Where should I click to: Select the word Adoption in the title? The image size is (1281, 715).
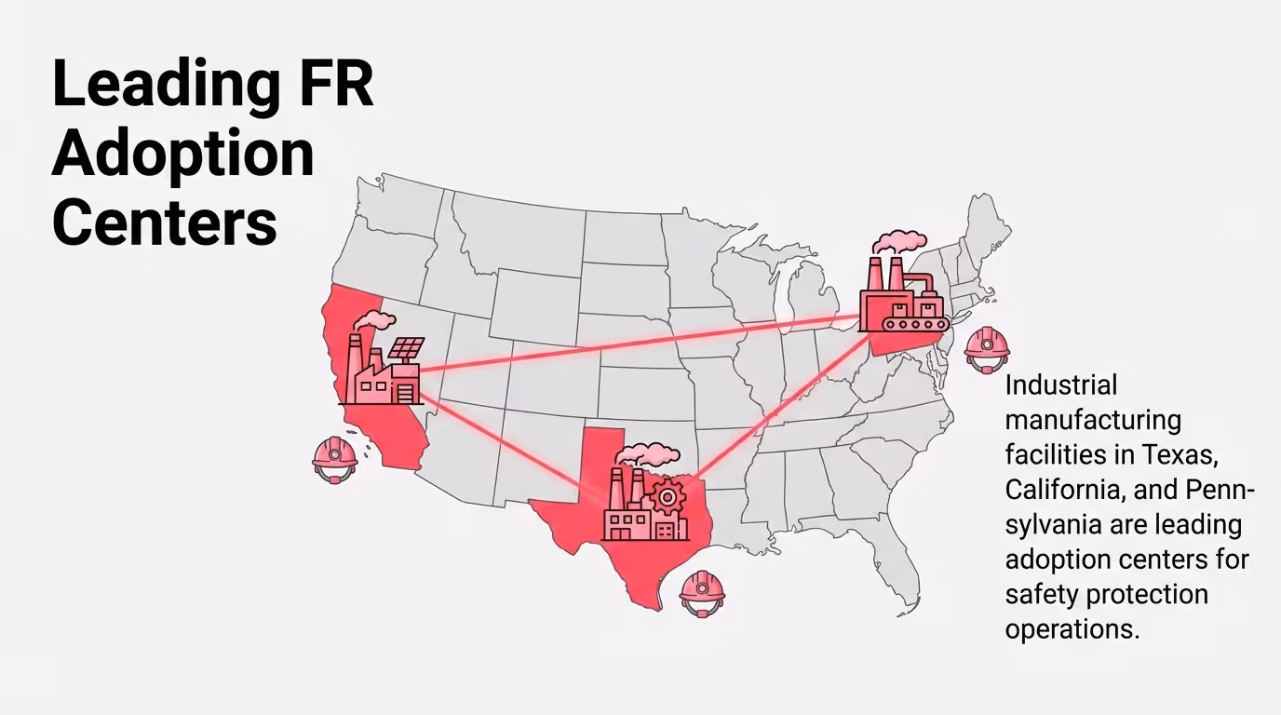183,155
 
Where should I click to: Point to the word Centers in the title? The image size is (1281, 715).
165,223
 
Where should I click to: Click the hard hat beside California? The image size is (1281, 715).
334,457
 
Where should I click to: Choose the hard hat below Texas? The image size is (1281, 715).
702,591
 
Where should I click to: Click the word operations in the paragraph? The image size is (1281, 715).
1071,628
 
